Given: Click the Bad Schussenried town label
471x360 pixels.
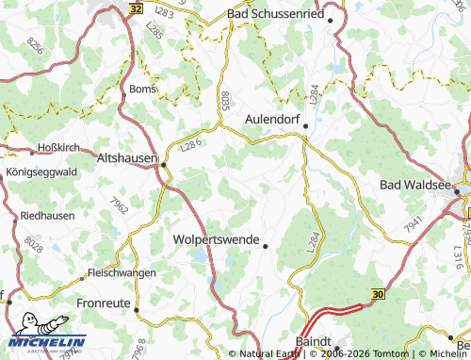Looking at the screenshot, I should [x=275, y=16].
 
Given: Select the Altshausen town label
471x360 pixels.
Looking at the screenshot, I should [x=126, y=159].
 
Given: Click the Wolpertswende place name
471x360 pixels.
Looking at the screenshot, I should [x=216, y=239].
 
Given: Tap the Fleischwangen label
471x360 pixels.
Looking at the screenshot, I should [x=120, y=272].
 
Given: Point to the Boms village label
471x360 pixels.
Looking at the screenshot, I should [x=140, y=89].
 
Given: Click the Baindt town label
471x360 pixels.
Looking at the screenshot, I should [x=307, y=340].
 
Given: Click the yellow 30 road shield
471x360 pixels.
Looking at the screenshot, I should [x=379, y=295].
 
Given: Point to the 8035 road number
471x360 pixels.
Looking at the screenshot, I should [x=226, y=99].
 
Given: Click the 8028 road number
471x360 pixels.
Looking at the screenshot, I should [x=34, y=244].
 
